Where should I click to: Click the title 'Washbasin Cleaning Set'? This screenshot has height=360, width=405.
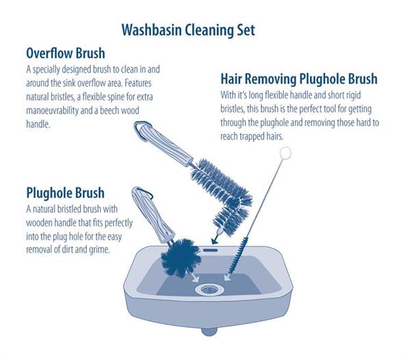[x=188, y=30]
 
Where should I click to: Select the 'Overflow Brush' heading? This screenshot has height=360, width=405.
[x=66, y=53]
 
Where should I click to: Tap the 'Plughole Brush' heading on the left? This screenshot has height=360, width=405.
[x=66, y=193]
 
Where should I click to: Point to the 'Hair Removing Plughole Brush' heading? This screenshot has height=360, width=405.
[x=299, y=79]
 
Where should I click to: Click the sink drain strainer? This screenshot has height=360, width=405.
[x=209, y=290]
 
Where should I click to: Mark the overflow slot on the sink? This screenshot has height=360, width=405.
[x=210, y=250]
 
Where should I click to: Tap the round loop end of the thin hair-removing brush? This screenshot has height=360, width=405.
[x=285, y=153]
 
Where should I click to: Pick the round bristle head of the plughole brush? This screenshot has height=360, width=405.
[x=181, y=258]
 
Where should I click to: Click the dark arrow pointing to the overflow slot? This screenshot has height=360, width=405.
[x=215, y=239]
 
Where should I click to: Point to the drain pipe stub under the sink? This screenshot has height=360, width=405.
[x=209, y=331]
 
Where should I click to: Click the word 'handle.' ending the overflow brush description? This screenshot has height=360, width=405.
[x=38, y=125]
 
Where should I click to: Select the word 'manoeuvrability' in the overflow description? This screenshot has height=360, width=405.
[x=52, y=111]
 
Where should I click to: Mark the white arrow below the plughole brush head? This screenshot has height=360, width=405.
[x=195, y=277]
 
